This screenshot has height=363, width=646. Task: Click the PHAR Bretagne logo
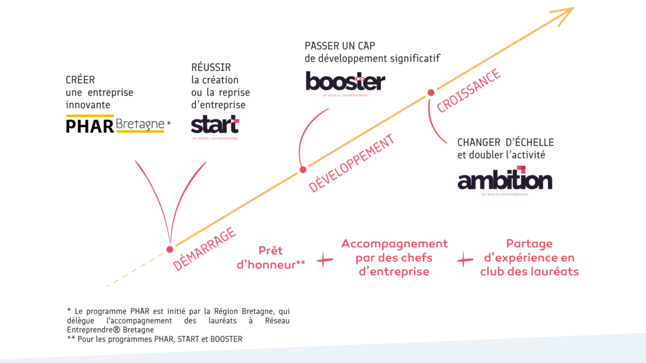tap(116, 125)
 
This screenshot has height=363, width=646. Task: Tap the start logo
tap(215, 125)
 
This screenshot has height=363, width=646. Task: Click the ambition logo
tap(504, 180)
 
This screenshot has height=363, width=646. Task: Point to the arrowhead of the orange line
tap(567, 12)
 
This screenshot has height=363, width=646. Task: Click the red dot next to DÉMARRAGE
tap(169, 249)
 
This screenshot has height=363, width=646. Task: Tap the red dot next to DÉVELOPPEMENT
tap(303, 169)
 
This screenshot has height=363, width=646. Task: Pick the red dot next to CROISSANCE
tap(431, 92)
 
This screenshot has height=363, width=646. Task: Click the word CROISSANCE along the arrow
tap(469, 91)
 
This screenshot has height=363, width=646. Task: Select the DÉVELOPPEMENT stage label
tap(352, 164)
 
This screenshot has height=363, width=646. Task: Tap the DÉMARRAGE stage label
tap(205, 249)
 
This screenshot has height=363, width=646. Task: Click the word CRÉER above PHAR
tap(80, 80)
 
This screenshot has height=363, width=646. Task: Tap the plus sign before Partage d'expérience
tap(465, 260)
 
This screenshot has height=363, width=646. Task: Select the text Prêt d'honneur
tap(270, 257)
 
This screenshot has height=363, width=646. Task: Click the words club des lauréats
tap(529, 272)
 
